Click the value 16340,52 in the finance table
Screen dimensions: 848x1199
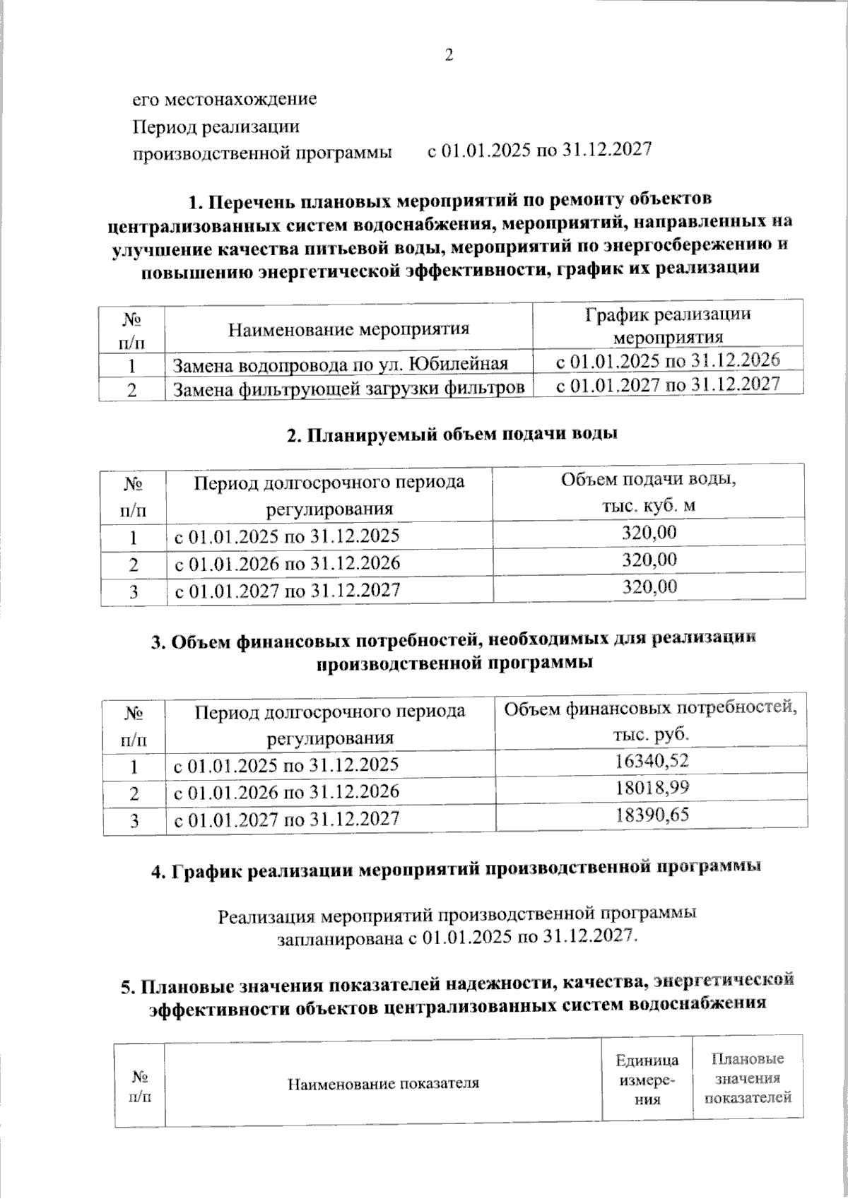(x=651, y=761)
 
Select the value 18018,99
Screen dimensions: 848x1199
(x=651, y=788)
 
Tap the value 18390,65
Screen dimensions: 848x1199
(x=651, y=815)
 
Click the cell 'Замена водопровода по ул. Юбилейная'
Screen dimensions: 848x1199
(x=341, y=364)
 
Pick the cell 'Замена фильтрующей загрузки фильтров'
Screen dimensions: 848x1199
(x=349, y=387)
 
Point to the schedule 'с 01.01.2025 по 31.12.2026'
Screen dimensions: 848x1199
(x=668, y=361)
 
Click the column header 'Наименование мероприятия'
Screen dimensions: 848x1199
(x=349, y=329)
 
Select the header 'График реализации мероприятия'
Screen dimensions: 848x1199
(x=668, y=325)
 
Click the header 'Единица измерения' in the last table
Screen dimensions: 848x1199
(x=647, y=1080)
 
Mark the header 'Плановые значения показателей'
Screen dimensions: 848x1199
(x=748, y=1078)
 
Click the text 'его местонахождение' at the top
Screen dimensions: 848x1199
(x=225, y=99)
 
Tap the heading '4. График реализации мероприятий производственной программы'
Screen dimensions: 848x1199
(x=457, y=869)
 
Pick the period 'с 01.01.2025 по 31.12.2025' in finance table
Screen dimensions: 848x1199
(x=286, y=764)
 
